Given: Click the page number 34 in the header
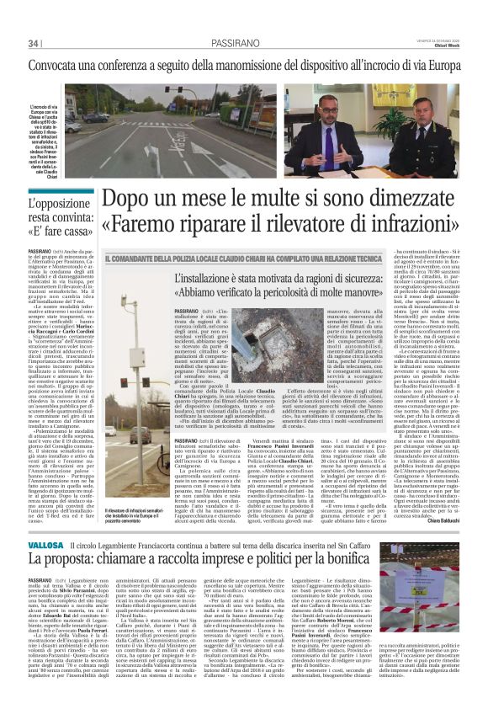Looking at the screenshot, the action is pos(34,43).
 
